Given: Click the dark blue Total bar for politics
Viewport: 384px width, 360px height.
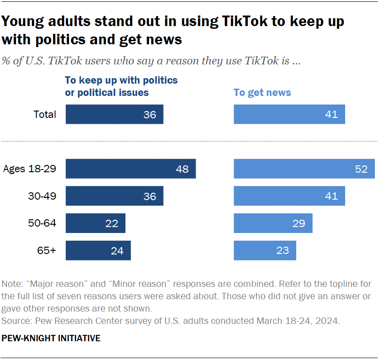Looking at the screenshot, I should [x=114, y=114].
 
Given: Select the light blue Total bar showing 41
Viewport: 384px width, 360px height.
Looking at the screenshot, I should [x=289, y=114].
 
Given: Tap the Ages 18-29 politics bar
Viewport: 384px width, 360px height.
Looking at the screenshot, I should [x=130, y=169].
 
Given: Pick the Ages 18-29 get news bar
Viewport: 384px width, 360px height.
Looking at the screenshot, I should [x=304, y=169].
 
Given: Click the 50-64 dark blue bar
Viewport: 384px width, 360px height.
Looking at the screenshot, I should [x=95, y=223].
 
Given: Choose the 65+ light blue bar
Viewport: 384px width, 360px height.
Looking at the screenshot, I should [x=265, y=250].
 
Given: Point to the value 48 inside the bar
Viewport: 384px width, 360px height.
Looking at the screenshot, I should [x=182, y=169].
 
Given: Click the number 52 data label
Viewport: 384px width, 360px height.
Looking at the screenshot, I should [x=361, y=169].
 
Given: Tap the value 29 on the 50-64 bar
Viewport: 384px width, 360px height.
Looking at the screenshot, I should [x=299, y=223].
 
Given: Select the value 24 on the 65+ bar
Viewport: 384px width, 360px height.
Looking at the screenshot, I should [x=117, y=250].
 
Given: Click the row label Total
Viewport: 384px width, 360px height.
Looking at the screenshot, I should [x=45, y=114].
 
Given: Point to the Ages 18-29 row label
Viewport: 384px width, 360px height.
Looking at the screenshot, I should [x=29, y=169].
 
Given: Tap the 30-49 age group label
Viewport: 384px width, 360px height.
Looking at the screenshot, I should [x=42, y=196].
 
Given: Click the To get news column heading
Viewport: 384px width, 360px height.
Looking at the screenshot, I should [x=262, y=93].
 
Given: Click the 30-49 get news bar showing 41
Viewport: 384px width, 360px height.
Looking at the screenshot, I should [x=289, y=196].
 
